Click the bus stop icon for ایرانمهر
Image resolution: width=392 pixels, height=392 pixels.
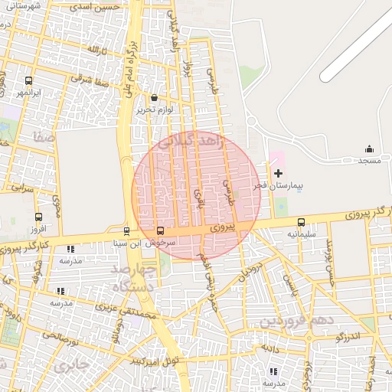click(29, 80)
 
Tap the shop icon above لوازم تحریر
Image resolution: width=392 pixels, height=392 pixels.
click(155, 98)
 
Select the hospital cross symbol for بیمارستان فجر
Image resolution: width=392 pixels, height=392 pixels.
click(277, 174)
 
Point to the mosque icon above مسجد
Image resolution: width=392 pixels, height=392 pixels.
click(369, 149)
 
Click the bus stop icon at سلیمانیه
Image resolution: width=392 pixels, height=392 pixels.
click(301, 223)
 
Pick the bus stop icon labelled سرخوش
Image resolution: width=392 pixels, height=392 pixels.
click(160, 230)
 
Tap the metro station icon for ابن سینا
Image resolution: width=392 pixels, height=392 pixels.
click(126, 230)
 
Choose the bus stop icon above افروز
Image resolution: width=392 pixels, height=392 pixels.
click(38, 217)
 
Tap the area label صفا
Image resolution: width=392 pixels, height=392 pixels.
click(43, 138)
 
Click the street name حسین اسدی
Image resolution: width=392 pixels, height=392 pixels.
click(96, 7)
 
